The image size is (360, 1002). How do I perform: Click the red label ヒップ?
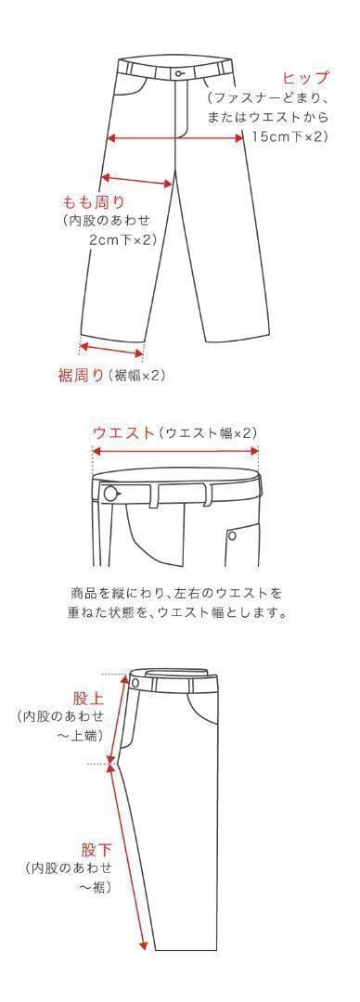coord(305,79)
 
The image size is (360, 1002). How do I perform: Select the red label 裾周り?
coord(81,376)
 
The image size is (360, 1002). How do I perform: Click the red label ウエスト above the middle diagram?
coord(124,432)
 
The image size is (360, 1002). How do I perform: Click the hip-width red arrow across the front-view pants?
coord(175,137)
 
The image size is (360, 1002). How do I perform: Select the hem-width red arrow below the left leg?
coord(111,349)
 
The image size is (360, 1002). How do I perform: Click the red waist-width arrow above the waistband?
coord(175,451)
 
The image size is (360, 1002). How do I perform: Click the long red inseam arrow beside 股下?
coord(132,857)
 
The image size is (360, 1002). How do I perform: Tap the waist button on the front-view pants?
coord(179,74)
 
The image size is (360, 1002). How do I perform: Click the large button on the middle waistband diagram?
coord(112,494)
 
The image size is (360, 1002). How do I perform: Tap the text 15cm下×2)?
coord(289,136)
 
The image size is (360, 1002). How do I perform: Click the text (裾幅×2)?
coord(136,376)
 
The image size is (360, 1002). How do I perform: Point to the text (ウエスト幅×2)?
coord(207,432)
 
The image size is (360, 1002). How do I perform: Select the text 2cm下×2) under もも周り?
coord(122,239)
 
